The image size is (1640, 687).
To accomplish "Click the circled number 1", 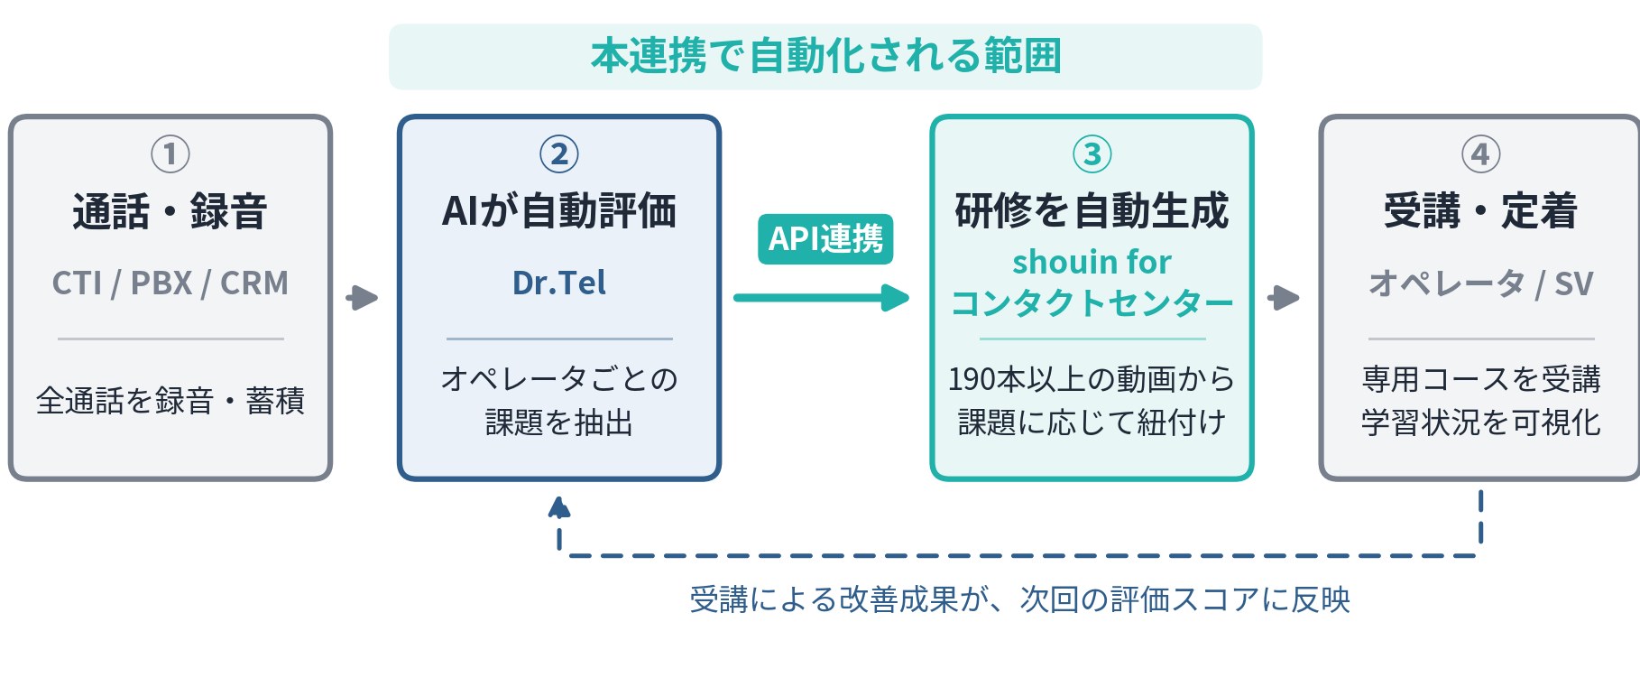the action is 170,154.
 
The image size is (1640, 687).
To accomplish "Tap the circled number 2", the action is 558,154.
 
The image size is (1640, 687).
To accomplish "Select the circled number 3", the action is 1092,154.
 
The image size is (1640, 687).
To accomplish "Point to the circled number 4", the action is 1480,154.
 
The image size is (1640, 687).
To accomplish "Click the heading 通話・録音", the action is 170,212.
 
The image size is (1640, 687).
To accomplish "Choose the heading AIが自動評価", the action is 558,211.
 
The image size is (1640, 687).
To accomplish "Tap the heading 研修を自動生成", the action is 1092,211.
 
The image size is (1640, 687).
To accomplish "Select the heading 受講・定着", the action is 1480,212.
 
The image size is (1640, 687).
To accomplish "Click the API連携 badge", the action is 825,239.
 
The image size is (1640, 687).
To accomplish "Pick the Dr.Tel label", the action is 558,283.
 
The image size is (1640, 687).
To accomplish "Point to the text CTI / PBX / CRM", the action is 170,283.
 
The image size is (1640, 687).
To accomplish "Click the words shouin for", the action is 1092,262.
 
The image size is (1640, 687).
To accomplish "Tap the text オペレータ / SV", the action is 1480,283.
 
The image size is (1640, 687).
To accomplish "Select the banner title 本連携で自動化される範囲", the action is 825,56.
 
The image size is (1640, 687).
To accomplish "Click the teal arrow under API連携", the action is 821,298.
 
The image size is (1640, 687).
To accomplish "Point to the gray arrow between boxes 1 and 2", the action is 362,298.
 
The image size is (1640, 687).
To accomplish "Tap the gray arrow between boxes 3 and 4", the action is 1284,298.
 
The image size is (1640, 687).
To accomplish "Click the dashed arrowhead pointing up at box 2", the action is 559,507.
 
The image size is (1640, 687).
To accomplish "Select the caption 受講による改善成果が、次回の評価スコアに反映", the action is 1019,599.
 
